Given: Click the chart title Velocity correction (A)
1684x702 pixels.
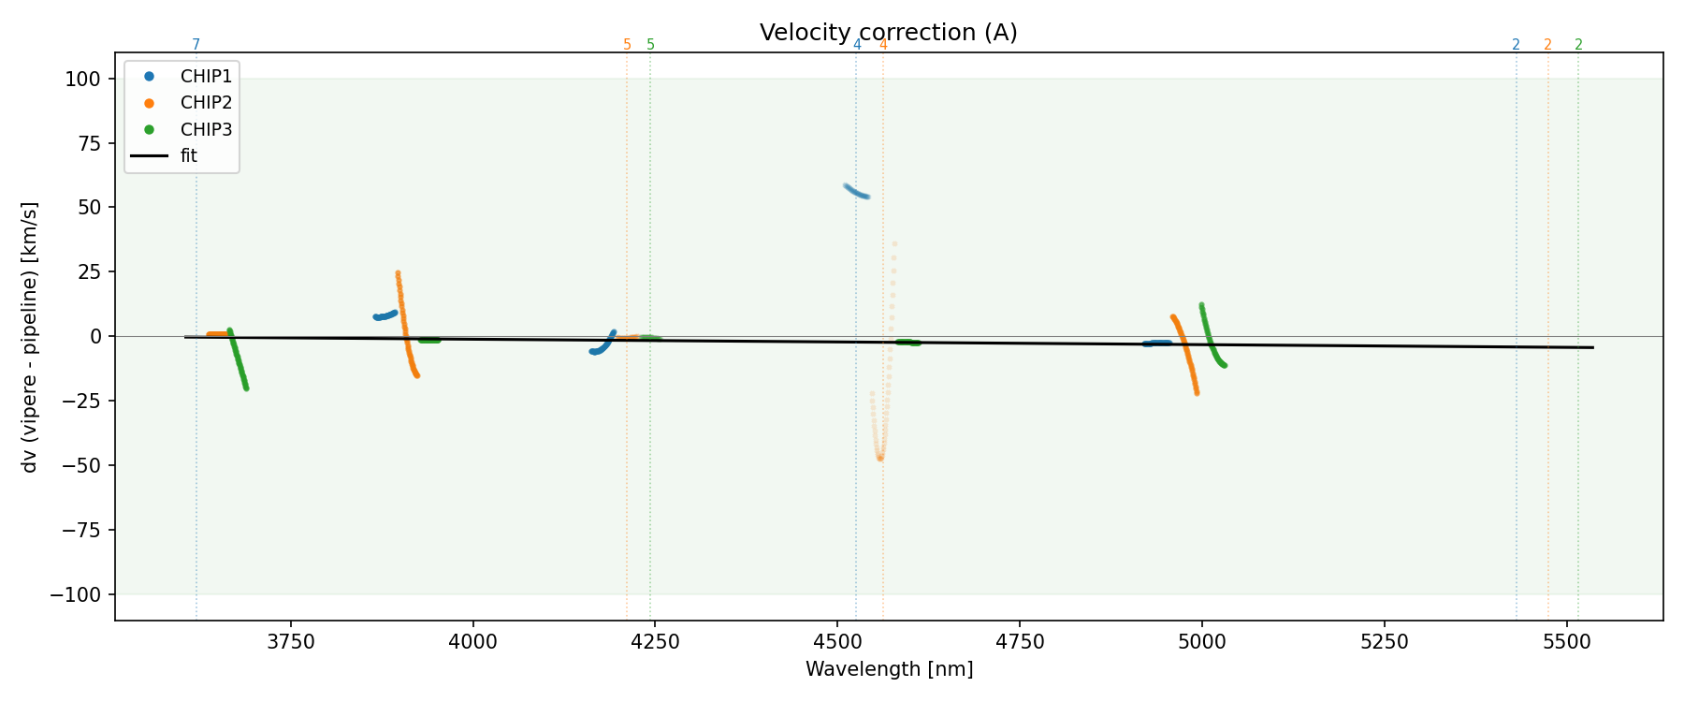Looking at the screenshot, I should pyautogui.click(x=888, y=33).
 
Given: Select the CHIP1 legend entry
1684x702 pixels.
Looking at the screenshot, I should pyautogui.click(x=206, y=77).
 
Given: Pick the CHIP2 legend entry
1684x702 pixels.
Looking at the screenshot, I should pyautogui.click(x=206, y=103).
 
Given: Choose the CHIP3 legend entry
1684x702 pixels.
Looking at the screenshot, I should pyautogui.click(x=206, y=129).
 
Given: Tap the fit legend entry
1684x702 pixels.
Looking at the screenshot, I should pyautogui.click(x=188, y=155).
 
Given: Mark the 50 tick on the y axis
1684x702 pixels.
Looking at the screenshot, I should pyautogui.click(x=88, y=207).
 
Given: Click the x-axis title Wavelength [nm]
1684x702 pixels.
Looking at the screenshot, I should pyautogui.click(x=889, y=669).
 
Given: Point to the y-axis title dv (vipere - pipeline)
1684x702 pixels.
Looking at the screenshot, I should pyautogui.click(x=30, y=337).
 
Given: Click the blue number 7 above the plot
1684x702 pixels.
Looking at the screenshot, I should pyautogui.click(x=196, y=45).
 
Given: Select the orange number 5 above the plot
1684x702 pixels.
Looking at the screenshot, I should pyautogui.click(x=627, y=45).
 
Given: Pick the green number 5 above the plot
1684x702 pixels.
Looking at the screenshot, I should pyautogui.click(x=650, y=45).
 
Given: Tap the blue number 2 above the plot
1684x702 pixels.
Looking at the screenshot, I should pyautogui.click(x=1516, y=45).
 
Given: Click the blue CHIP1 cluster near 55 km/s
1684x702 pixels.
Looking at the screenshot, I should pyautogui.click(x=856, y=191).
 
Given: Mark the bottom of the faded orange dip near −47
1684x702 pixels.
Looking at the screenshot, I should pyautogui.click(x=879, y=458).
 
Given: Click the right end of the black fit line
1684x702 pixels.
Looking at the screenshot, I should pyautogui.click(x=1592, y=348).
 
